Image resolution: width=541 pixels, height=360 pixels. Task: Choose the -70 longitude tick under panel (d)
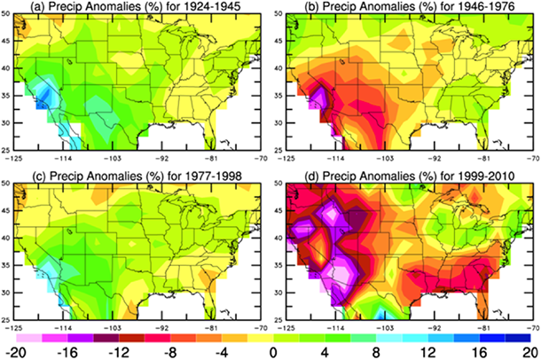click(x=529, y=325)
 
